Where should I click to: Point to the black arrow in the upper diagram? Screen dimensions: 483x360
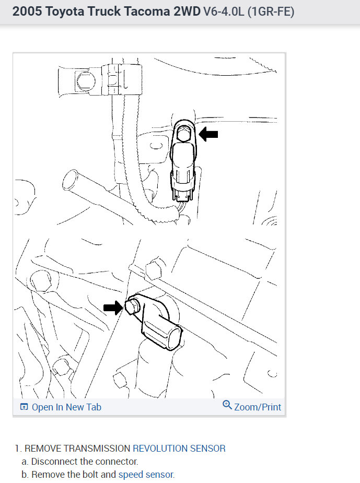point(209,135)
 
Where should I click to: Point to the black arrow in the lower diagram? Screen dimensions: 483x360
point(112,308)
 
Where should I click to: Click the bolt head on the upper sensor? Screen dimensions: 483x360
point(183,134)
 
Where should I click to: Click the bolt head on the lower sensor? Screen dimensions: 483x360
point(133,307)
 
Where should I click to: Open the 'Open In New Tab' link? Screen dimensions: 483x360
point(66,407)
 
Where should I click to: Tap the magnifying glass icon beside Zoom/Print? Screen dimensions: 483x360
point(227,405)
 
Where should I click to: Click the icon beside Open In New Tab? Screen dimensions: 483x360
point(24,407)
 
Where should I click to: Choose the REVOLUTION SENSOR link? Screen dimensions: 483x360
point(179,448)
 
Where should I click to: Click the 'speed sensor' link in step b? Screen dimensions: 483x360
point(146,475)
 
